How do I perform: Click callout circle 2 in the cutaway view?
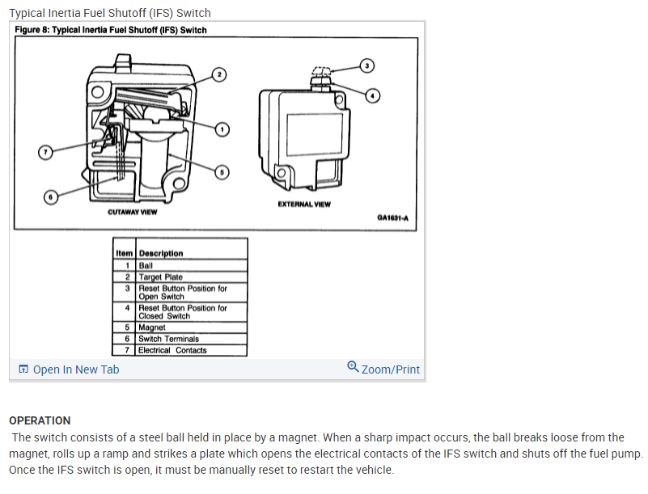point(218,74)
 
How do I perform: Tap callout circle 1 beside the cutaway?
point(223,128)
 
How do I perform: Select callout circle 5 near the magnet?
point(223,171)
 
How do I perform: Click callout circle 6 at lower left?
point(50,196)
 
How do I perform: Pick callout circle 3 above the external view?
point(366,65)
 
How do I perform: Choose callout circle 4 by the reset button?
point(372,95)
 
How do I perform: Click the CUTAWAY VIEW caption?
point(133,213)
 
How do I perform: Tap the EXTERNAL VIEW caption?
point(303,205)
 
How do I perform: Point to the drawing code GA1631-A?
point(392,217)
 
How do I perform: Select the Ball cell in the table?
point(146,265)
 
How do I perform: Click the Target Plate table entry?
point(160,277)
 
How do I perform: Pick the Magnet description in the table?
point(152,327)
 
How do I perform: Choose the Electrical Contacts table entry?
point(172,350)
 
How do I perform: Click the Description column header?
point(161,253)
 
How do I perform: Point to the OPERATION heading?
point(40,420)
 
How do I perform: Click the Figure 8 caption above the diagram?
point(112,30)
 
